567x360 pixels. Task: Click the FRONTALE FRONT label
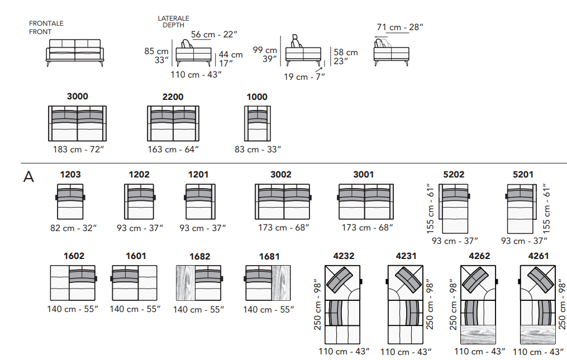pyautogui.click(x=46, y=27)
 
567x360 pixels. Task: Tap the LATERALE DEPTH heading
pyautogui.click(x=173, y=22)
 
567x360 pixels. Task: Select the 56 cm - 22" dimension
pyautogui.click(x=214, y=35)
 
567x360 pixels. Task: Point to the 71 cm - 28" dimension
pyautogui.click(x=399, y=27)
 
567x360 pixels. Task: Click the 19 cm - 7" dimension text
pyautogui.click(x=304, y=77)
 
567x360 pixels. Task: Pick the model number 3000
pyautogui.click(x=78, y=97)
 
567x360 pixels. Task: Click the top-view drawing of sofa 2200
pyautogui.click(x=173, y=123)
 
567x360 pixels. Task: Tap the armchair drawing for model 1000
pyautogui.click(x=258, y=123)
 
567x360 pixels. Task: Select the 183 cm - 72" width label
pyautogui.click(x=78, y=149)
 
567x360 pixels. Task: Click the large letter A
pyautogui.click(x=28, y=177)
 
